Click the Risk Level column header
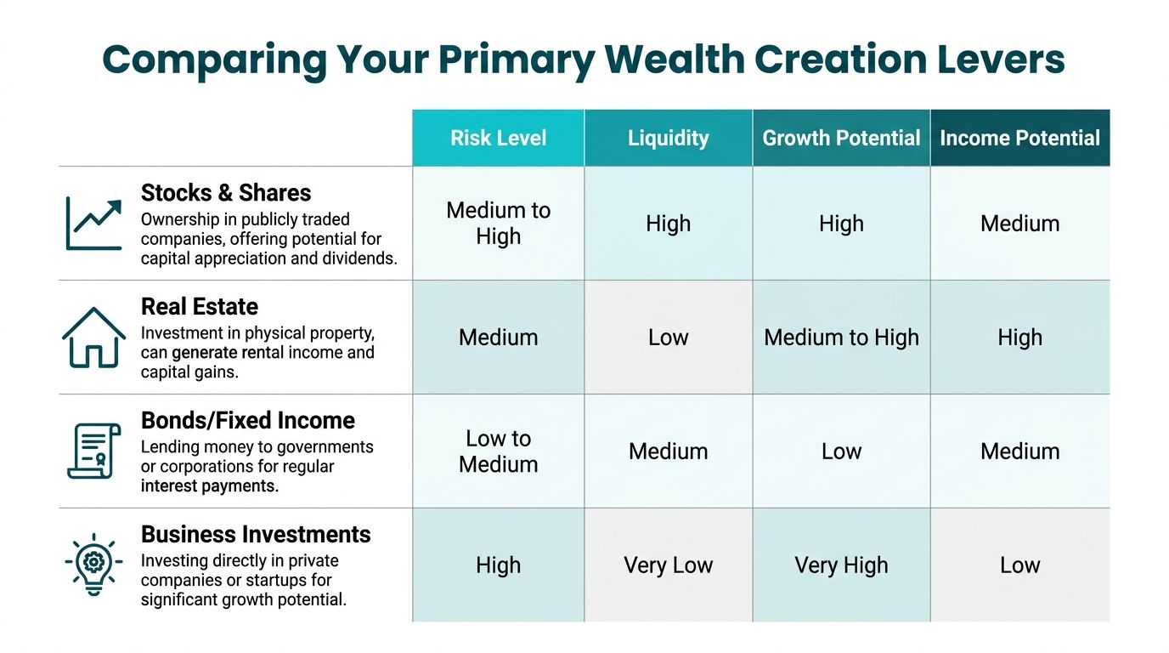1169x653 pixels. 499,138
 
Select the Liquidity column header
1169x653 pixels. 668,138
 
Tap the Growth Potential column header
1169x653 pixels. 841,138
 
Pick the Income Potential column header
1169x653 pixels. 1019,138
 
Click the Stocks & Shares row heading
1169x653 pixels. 226,193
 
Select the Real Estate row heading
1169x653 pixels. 200,307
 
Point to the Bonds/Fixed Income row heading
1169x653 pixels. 248,421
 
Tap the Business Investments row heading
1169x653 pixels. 256,535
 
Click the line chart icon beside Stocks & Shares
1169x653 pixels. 93,224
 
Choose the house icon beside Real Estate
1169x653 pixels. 93,338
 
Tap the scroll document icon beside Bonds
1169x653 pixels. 93,451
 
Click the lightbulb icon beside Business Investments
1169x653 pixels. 93,564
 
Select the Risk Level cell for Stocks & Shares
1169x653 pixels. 499,224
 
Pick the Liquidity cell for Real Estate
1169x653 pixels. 668,338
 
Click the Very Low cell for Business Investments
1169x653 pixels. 668,565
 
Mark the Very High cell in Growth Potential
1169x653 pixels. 841,565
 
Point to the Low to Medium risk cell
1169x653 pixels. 499,451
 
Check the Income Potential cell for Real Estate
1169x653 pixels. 1019,338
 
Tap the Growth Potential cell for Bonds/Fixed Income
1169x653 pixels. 841,451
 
